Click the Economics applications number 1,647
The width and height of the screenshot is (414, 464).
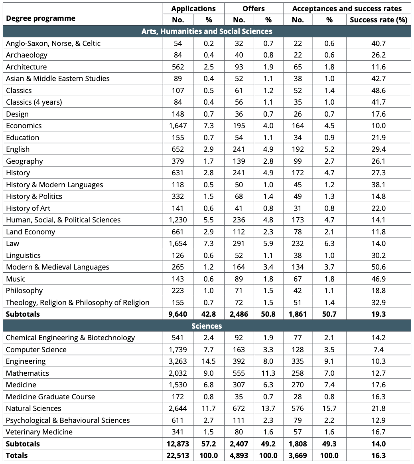click(x=178, y=126)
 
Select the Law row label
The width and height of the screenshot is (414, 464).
click(x=12, y=244)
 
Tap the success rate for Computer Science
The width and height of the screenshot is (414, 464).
click(x=378, y=349)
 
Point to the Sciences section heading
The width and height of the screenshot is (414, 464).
click(x=207, y=326)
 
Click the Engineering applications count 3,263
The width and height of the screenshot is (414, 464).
click(x=178, y=361)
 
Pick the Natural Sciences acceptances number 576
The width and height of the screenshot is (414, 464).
click(x=298, y=408)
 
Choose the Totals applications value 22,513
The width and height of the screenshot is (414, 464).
click(x=178, y=456)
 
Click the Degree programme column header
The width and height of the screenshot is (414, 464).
click(x=41, y=18)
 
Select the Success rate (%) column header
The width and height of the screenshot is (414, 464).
click(x=379, y=20)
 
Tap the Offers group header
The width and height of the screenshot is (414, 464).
click(x=254, y=8)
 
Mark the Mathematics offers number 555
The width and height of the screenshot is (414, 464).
click(x=239, y=373)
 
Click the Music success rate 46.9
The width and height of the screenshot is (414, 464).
click(x=379, y=279)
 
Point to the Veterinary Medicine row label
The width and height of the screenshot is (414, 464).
click(x=39, y=432)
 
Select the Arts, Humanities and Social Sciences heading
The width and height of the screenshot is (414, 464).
click(x=207, y=32)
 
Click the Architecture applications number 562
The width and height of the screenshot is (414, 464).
click(x=178, y=67)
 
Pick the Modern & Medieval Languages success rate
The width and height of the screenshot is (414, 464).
click(x=379, y=267)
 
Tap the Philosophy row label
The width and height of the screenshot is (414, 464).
click(x=24, y=291)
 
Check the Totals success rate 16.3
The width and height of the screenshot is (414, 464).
click(x=379, y=456)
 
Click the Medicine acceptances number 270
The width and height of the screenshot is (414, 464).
click(x=298, y=385)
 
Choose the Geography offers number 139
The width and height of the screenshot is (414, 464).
click(x=239, y=161)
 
